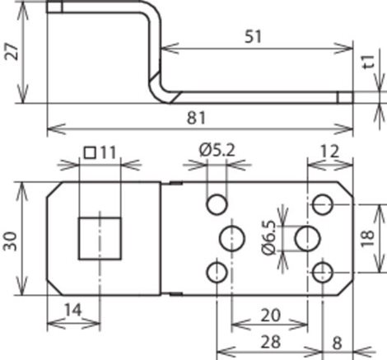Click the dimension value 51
[x=253, y=36]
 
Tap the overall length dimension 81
[x=196, y=118]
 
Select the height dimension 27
[x=12, y=51]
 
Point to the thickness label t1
[x=368, y=62]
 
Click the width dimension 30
[x=10, y=241]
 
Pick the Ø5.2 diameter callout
[x=217, y=151]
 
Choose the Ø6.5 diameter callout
[x=268, y=238]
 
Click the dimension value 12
[x=329, y=152]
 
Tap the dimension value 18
[x=368, y=238]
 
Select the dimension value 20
[x=270, y=316]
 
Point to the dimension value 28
[x=271, y=342]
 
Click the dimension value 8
[x=338, y=343]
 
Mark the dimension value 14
[x=73, y=310]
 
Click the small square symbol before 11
[x=90, y=153]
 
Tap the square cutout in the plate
[x=100, y=238]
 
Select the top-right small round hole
[x=323, y=204]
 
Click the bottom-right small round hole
[x=323, y=273]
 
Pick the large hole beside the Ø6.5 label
[x=308, y=238]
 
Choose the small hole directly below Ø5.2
[x=217, y=204]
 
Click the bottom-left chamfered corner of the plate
[x=54, y=288]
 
